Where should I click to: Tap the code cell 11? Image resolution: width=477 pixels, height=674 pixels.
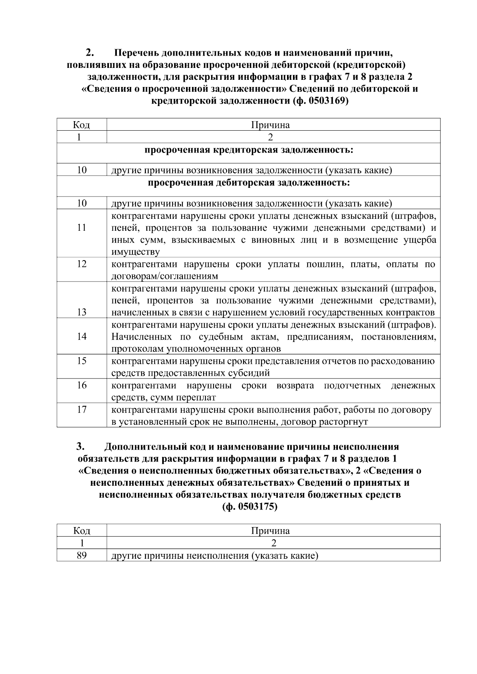click(x=81, y=228)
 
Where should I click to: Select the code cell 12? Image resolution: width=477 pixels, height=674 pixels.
click(x=81, y=264)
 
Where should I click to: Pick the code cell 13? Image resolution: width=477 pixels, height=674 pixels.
click(x=81, y=312)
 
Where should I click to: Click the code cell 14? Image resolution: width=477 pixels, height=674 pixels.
click(x=81, y=336)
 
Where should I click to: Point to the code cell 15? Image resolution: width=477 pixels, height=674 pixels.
click(x=81, y=361)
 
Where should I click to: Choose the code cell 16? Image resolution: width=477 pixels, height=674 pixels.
click(x=81, y=385)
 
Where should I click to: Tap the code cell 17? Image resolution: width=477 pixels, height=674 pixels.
click(x=81, y=409)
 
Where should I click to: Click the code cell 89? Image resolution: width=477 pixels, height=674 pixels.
click(x=81, y=555)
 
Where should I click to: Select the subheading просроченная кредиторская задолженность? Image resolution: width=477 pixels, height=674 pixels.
click(x=248, y=150)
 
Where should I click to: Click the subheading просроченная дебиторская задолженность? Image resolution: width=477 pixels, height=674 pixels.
click(x=248, y=183)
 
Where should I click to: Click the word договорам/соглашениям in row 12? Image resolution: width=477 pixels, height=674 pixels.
click(x=165, y=276)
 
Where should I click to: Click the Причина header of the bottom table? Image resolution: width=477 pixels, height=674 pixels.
click(x=270, y=531)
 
